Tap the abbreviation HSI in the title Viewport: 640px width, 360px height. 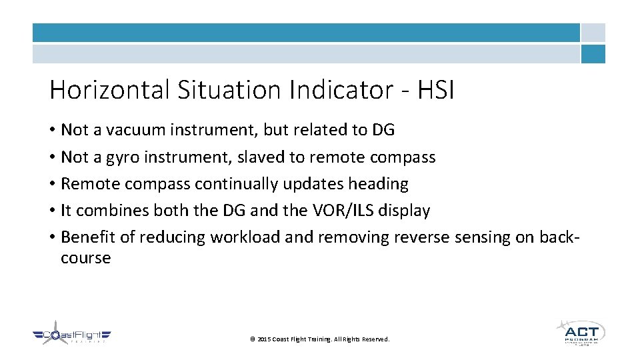click(436, 90)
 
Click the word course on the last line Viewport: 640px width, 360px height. click(85, 258)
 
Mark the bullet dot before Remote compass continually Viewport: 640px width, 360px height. click(52, 184)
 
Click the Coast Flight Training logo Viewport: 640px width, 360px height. click(72, 336)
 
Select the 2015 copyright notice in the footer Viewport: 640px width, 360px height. click(319, 339)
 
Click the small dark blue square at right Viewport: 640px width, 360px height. click(593, 54)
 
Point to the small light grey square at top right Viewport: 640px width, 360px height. click(593, 33)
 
